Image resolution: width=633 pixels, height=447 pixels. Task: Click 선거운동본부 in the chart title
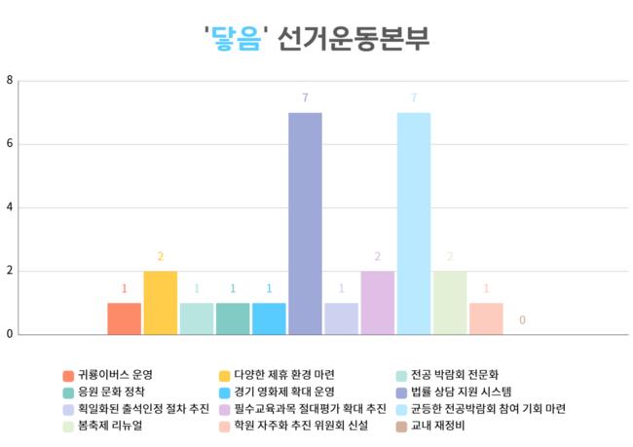click(353, 39)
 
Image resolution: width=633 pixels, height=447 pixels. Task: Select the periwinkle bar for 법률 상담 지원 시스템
click(305, 224)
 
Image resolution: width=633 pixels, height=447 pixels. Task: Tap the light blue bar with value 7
click(413, 224)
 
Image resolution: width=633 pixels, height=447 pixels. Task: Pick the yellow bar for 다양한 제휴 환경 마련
click(160, 303)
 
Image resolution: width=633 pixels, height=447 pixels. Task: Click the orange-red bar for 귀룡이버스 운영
click(124, 318)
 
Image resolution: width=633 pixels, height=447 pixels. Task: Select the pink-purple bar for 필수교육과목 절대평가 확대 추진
click(377, 303)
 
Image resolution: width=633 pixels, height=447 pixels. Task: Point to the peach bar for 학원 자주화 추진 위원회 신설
click(486, 318)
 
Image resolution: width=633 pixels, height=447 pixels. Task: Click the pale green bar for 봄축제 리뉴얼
click(450, 303)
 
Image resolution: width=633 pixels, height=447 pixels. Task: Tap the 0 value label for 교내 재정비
click(523, 320)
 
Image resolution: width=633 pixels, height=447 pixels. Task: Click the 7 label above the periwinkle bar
click(305, 98)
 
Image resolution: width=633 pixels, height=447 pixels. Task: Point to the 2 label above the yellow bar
click(160, 257)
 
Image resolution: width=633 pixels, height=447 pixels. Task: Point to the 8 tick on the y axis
click(9, 81)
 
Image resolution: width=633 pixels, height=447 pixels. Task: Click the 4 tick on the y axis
click(9, 207)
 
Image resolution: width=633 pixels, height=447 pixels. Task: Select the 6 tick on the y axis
click(9, 144)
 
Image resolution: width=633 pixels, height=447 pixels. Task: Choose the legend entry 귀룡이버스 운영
click(115, 375)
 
